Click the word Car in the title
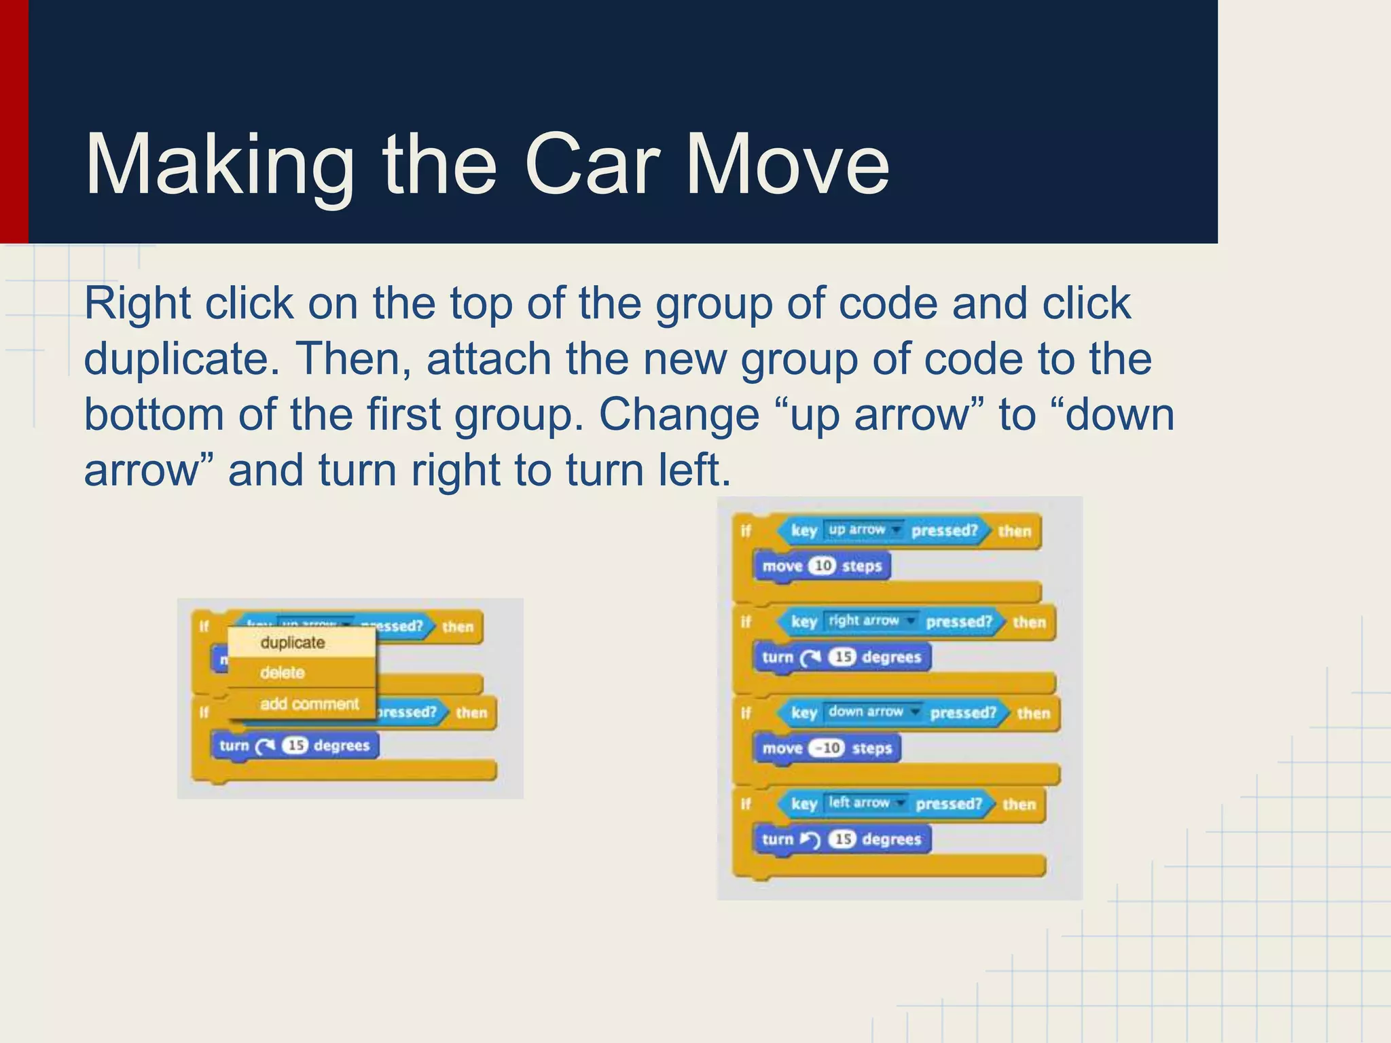(592, 165)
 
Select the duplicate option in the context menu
(293, 642)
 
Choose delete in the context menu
(283, 673)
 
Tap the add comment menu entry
(309, 703)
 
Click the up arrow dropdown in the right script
(863, 530)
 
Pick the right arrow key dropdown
(870, 621)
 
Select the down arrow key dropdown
(872, 712)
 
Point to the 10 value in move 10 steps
(823, 566)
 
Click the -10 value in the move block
(827, 748)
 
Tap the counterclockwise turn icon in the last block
(810, 840)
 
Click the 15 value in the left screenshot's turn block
(295, 746)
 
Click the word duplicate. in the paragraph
(181, 359)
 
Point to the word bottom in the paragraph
(153, 414)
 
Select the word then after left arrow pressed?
(1019, 805)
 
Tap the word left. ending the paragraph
(694, 470)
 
